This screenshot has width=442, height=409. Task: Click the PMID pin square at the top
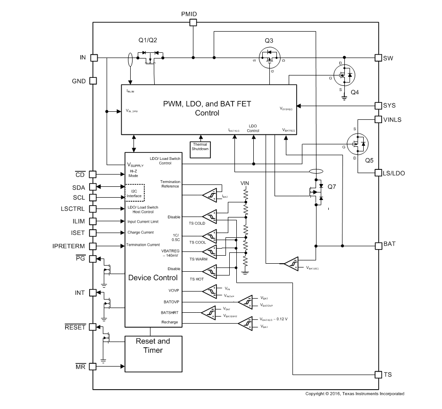(193, 22)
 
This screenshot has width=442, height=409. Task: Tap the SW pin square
(378, 58)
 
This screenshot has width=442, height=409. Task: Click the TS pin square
(378, 375)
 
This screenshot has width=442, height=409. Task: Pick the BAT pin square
(378, 245)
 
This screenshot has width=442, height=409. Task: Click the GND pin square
(93, 81)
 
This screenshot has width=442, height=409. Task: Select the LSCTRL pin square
(93, 209)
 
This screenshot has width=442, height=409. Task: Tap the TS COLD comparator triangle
(210, 216)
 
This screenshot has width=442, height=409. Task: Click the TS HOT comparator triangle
(210, 271)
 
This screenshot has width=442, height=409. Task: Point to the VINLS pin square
(378, 120)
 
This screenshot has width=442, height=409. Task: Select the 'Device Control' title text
(153, 278)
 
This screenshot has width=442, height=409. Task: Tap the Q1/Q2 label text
(147, 40)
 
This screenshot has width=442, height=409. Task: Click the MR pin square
(93, 366)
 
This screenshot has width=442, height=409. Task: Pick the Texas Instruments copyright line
(354, 393)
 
